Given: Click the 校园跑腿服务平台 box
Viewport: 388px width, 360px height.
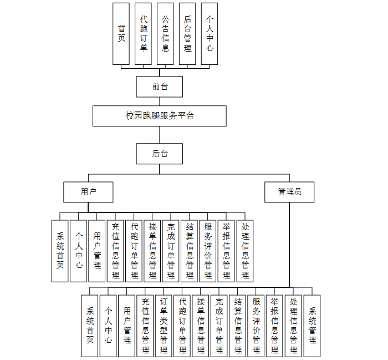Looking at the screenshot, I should point(160,116).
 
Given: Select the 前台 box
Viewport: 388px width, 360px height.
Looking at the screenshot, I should point(160,87).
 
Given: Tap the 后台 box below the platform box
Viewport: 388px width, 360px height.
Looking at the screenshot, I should point(160,154).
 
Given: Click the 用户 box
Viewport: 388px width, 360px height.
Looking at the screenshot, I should point(89,192).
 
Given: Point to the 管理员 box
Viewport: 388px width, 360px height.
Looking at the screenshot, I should point(290,192).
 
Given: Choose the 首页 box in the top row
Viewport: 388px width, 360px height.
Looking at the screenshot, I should point(121,33).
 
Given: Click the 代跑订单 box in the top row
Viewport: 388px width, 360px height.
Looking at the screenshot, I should point(144,33).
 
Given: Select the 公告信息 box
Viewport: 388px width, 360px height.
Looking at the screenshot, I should point(165,33).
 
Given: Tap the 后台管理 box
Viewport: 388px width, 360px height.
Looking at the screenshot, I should point(187,33).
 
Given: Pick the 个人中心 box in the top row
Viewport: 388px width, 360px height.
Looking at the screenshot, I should point(210,33).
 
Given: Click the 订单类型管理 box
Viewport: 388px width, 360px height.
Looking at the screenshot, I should point(164,326).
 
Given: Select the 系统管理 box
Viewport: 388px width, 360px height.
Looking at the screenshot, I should point(312,326).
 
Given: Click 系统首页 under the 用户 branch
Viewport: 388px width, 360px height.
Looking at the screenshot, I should point(60,251).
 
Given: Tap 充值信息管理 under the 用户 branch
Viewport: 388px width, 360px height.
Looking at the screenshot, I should point(115,251).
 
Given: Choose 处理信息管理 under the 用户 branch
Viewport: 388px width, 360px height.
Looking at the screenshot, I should point(245,251).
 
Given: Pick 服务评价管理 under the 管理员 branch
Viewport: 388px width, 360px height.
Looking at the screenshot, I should point(256,326).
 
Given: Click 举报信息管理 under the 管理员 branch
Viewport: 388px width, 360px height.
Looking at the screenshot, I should point(274,326).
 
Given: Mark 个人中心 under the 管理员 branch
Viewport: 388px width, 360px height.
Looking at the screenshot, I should point(108,326).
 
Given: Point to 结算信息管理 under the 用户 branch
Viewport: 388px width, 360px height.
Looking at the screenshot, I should point(190,251).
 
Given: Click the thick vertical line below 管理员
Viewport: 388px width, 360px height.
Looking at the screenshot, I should point(289,244).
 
